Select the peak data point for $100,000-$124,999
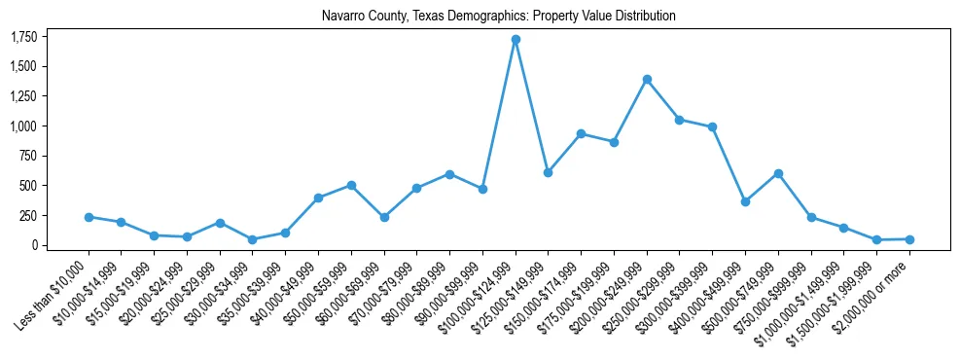(516, 40)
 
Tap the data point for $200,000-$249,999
(647, 79)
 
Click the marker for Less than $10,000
(89, 217)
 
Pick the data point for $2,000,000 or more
(909, 239)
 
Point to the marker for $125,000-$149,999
(548, 172)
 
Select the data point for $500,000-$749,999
(778, 173)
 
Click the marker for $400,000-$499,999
(745, 201)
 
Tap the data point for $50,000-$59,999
(351, 185)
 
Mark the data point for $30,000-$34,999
(253, 239)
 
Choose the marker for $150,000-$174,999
(581, 133)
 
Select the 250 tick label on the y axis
(28, 216)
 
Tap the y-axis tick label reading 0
(34, 245)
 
